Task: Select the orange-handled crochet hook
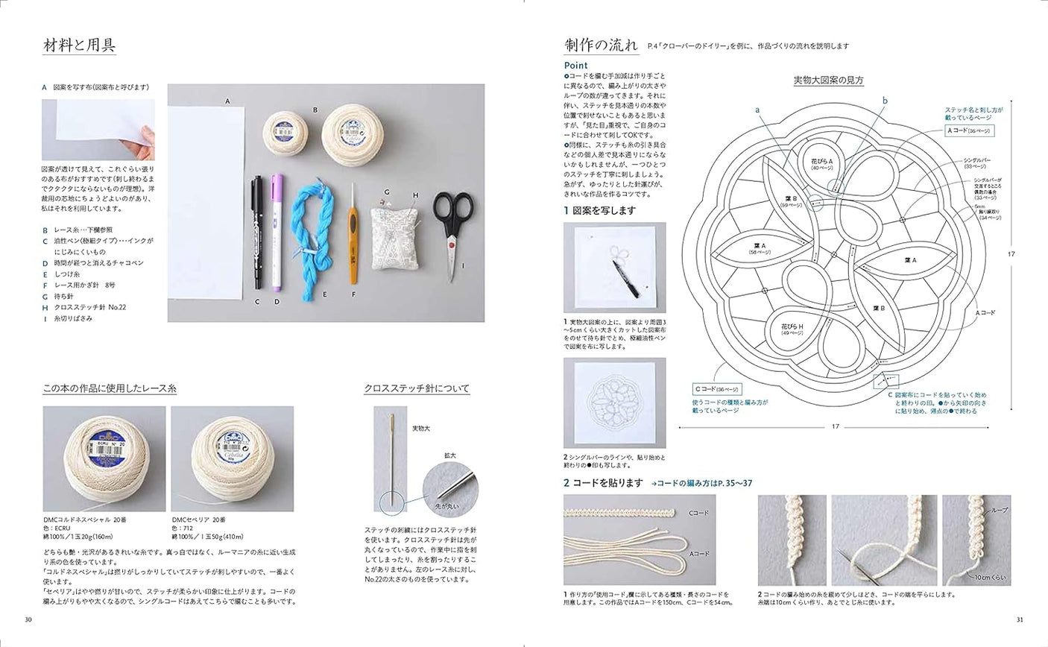point(351,239)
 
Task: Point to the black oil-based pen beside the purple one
point(256,231)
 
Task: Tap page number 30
point(28,619)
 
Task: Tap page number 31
point(1019,619)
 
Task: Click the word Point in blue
point(575,66)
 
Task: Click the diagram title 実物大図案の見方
point(828,81)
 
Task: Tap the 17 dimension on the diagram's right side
point(1011,254)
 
